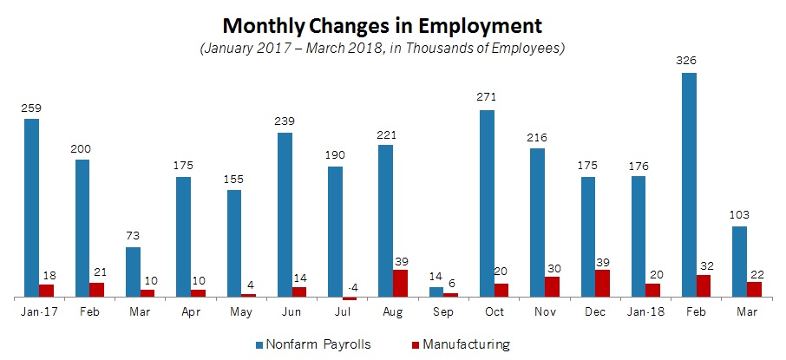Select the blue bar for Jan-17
(x=31, y=208)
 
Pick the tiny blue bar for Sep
(x=436, y=292)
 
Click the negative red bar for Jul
(x=349, y=298)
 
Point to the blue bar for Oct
(x=487, y=203)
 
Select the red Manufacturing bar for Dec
(x=602, y=283)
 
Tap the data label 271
(x=487, y=97)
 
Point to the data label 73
(x=133, y=235)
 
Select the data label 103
(x=740, y=214)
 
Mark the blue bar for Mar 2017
(x=133, y=272)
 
